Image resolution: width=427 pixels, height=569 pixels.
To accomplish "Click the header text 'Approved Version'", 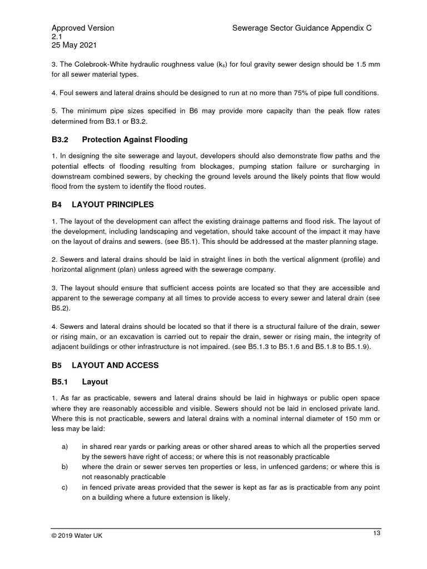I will pyautogui.click(x=83, y=28).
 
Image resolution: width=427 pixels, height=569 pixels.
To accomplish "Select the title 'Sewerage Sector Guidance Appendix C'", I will pyautogui.click(x=301, y=28).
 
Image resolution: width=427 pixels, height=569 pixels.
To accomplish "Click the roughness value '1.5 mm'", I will pyautogui.click(x=366, y=64).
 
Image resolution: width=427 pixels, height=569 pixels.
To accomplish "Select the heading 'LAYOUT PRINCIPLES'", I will pyautogui.click(x=118, y=204).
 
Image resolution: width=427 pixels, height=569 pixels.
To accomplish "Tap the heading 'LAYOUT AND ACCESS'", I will pyautogui.click(x=120, y=365).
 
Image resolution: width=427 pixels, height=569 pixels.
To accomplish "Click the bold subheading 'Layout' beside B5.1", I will pyautogui.click(x=95, y=382).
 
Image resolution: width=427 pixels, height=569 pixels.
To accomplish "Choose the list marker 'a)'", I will pyautogui.click(x=65, y=446).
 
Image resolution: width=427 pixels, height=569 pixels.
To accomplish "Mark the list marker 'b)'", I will pyautogui.click(x=65, y=467).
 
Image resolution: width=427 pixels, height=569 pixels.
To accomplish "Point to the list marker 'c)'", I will pyautogui.click(x=65, y=487).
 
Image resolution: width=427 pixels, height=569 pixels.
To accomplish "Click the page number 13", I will pyautogui.click(x=376, y=533).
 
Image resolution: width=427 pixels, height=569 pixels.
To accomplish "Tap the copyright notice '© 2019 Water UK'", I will pyautogui.click(x=77, y=536).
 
